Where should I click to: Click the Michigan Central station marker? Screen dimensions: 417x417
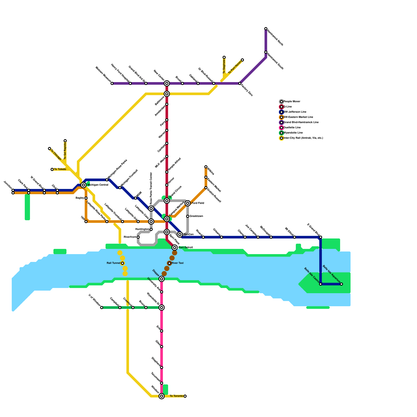[x=83, y=185]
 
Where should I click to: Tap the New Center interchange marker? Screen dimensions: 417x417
[x=167, y=83]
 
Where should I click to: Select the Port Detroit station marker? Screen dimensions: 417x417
[x=175, y=247]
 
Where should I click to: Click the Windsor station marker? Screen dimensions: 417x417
[x=162, y=396]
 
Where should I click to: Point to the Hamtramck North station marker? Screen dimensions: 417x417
[x=266, y=29]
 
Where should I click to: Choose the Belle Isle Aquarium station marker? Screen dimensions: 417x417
[x=341, y=284]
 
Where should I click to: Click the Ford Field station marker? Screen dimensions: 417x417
[x=188, y=203]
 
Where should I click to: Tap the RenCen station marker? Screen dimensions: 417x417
[x=180, y=235]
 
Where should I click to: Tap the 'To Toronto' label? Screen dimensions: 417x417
[x=176, y=396]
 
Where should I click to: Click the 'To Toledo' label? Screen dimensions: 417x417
[x=60, y=169]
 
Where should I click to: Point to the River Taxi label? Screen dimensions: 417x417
[x=177, y=263]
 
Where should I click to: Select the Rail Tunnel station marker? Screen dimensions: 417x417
[x=122, y=263]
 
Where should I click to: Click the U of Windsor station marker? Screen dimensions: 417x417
[x=102, y=308]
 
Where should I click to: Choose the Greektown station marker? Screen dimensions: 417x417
[x=188, y=216]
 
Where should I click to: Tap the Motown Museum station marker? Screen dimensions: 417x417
[x=112, y=83]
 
